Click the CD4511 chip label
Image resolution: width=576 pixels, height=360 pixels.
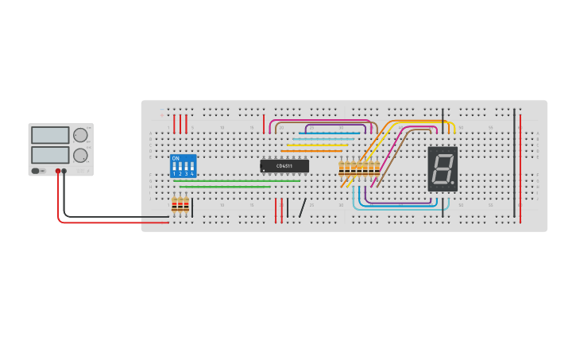point(284,166)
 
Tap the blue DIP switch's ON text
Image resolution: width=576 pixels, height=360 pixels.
point(176,158)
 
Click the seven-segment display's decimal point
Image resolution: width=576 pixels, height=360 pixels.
point(453,183)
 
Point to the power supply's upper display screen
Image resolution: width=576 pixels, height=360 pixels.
point(50,135)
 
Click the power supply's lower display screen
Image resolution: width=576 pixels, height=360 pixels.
point(50,154)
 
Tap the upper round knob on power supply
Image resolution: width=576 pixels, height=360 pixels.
point(80,135)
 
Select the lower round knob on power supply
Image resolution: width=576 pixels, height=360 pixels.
point(80,155)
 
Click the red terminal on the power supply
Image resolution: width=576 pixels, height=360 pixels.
point(58,171)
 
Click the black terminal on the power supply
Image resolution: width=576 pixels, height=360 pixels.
point(64,171)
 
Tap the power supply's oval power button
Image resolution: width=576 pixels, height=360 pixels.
point(36,171)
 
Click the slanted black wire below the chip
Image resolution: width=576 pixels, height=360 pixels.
point(303,207)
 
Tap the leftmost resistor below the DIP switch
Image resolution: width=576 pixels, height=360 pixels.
point(175,206)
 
